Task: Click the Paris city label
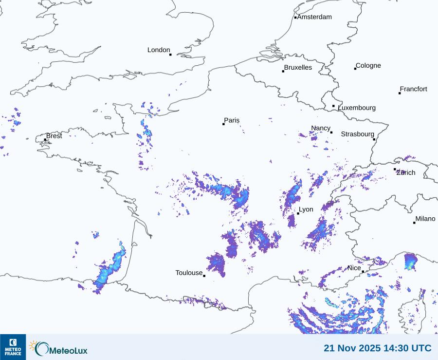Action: point(232,120)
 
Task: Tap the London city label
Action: point(159,50)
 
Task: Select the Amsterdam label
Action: point(314,17)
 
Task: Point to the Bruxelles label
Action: point(298,68)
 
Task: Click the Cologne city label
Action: point(368,66)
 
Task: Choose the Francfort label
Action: point(414,89)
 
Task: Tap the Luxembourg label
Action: point(357,108)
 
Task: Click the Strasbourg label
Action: point(357,134)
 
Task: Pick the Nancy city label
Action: point(321,128)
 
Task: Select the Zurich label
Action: point(406,172)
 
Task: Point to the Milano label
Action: point(425,219)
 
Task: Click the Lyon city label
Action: point(306,209)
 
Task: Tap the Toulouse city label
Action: point(189,273)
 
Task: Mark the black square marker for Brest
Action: point(45,140)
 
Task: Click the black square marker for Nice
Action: point(363,272)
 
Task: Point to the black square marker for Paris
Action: point(223,124)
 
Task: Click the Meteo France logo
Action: point(13,347)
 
